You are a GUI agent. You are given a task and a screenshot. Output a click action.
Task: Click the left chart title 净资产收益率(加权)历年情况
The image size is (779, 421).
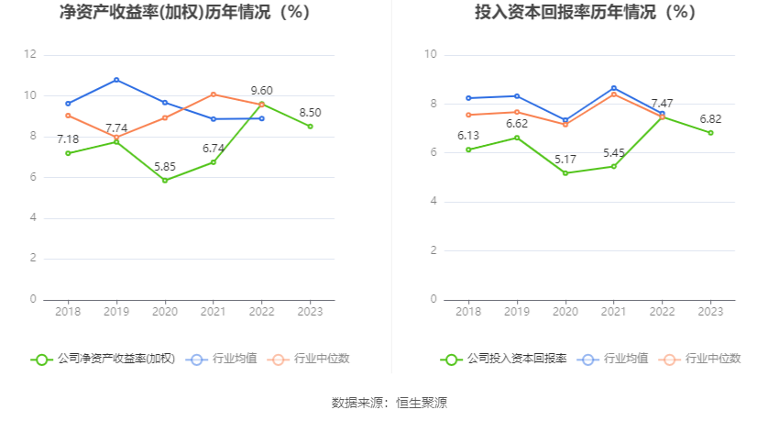pyautogui.click(x=184, y=13)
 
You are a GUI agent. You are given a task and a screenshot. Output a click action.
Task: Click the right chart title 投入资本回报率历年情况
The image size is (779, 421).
pyautogui.click(x=585, y=13)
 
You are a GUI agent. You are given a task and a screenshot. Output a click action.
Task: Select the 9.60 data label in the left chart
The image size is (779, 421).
pyautogui.click(x=262, y=91)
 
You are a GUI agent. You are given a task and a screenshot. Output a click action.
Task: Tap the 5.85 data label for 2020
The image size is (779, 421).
pyautogui.click(x=165, y=166)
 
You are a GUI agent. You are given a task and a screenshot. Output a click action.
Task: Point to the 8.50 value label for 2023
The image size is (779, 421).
pyautogui.click(x=310, y=112)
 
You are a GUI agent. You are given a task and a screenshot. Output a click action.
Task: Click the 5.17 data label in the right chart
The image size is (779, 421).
pyautogui.click(x=565, y=159)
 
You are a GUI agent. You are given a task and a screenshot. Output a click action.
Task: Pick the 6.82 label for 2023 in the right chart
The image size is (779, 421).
pyautogui.click(x=710, y=118)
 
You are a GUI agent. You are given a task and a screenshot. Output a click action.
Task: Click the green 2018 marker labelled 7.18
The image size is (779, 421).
pyautogui.click(x=68, y=153)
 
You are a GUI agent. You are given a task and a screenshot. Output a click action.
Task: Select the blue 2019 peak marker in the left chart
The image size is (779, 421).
pyautogui.click(x=116, y=80)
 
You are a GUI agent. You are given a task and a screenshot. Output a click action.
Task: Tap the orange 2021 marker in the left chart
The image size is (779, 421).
pyautogui.click(x=214, y=94)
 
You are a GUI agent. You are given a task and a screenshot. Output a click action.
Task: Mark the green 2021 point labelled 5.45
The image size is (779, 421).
pyautogui.click(x=614, y=166)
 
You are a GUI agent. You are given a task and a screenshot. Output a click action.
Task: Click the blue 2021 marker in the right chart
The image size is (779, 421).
pyautogui.click(x=614, y=88)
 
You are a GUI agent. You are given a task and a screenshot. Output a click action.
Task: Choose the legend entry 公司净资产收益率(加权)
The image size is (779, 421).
pyautogui.click(x=104, y=360)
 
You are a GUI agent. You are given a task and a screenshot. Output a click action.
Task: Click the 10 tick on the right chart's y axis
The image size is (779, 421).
pyautogui.click(x=430, y=55)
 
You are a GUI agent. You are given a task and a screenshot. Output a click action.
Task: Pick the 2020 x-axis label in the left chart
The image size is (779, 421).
pyautogui.click(x=165, y=313)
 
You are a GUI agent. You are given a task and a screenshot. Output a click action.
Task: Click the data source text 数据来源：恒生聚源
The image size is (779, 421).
pyautogui.click(x=389, y=403)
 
